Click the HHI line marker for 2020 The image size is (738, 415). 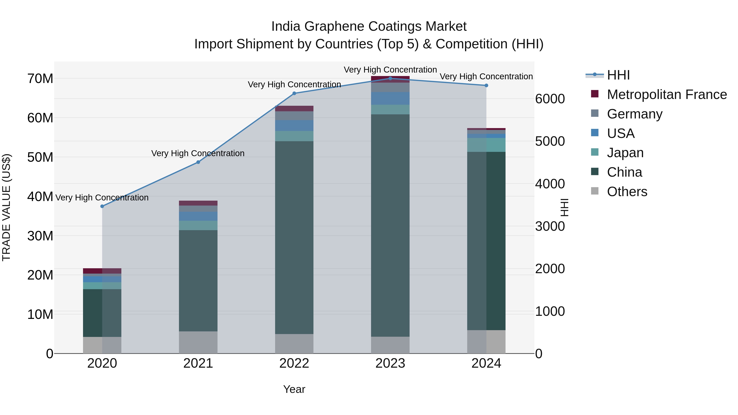(x=102, y=206)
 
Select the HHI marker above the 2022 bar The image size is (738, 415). (x=294, y=93)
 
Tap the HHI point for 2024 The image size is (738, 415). (x=486, y=85)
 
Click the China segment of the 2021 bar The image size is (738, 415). (x=198, y=281)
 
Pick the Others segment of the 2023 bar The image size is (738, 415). (x=390, y=345)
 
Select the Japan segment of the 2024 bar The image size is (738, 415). (x=486, y=145)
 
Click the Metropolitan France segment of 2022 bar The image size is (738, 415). (x=294, y=109)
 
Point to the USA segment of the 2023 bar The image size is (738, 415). (x=390, y=99)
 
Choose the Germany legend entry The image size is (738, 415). (x=634, y=114)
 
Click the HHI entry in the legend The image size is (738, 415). (x=618, y=75)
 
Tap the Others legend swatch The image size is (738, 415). (x=595, y=191)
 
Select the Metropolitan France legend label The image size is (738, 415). (x=667, y=94)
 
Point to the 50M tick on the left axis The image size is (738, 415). (x=40, y=157)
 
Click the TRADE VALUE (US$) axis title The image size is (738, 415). (x=6, y=207)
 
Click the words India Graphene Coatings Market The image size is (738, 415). (x=369, y=26)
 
